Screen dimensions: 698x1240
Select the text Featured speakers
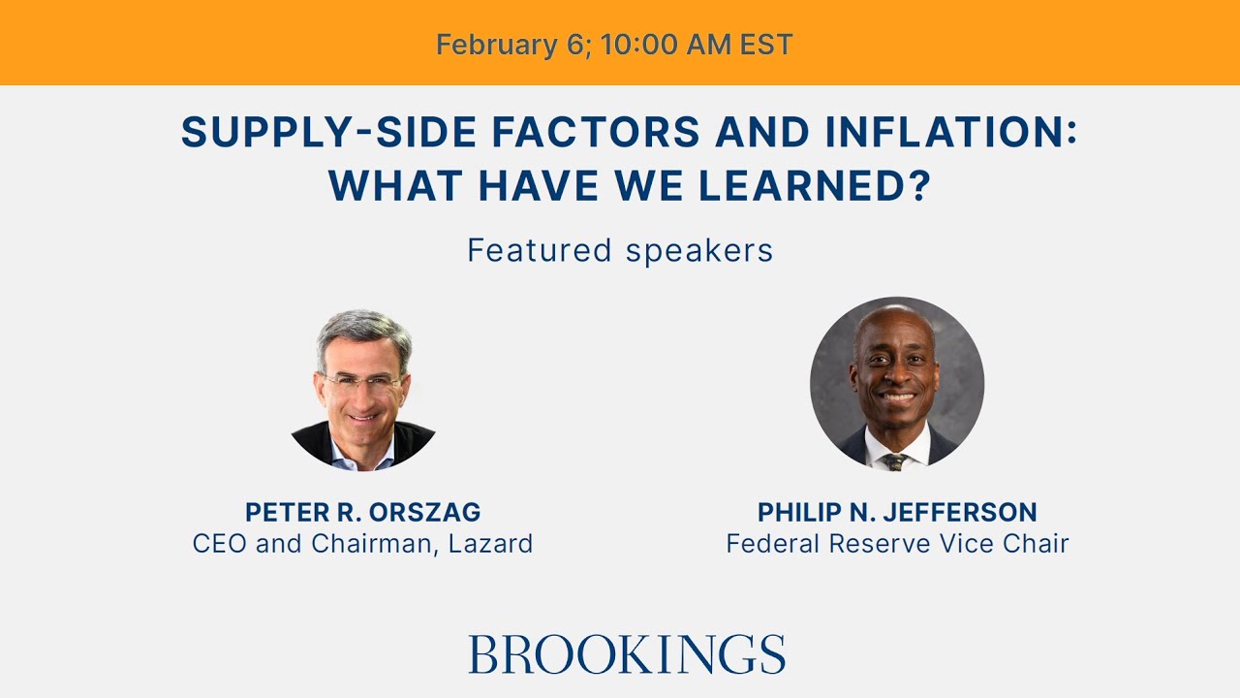point(620,250)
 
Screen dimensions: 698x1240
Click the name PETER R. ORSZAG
point(362,512)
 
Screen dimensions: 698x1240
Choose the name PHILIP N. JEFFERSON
point(897,512)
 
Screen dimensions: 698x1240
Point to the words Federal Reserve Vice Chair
point(897,543)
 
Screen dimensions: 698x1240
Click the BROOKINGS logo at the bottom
point(626,654)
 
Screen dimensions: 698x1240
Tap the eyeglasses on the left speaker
point(362,382)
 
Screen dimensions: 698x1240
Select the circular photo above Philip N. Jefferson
point(897,384)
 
